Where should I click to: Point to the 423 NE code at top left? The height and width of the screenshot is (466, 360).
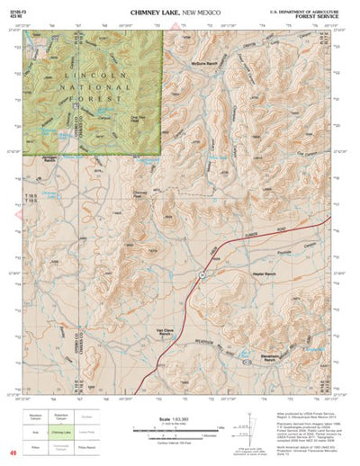12,14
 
